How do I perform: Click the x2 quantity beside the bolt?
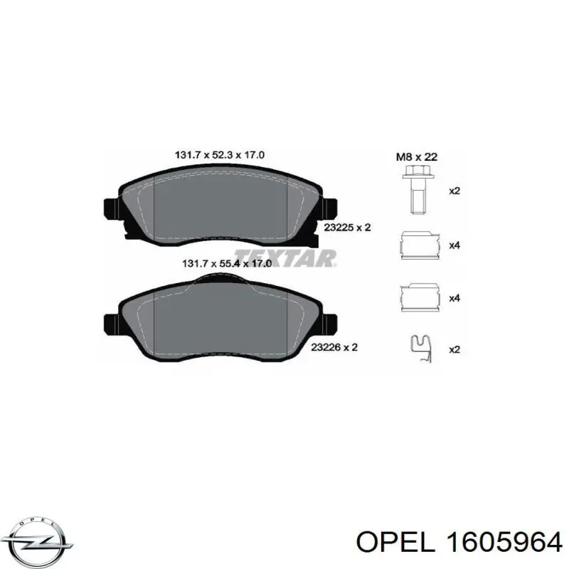tap(455, 191)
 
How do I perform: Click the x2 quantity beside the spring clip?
tap(455, 349)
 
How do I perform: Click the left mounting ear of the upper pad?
tap(111, 207)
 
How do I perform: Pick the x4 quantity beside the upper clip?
tap(455, 245)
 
